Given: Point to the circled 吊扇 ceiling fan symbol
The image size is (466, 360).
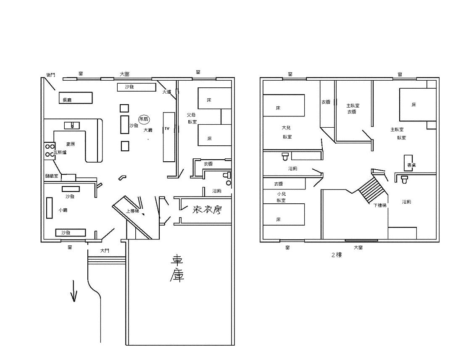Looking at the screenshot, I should pos(144,119).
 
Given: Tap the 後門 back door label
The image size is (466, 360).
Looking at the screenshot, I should pos(50,75).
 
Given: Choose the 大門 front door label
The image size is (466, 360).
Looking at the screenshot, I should pos(105,251).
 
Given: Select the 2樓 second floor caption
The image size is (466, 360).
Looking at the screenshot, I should pos(336,255).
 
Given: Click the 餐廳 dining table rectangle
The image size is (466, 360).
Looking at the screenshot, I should pos(75,98).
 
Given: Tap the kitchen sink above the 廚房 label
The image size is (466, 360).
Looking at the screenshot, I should pos(72,125).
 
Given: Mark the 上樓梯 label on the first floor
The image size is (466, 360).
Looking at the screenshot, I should pos(133,211).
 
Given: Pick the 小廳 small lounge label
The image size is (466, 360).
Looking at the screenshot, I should pos(63,210).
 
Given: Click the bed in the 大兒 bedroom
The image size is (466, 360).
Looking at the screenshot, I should pos(284,105).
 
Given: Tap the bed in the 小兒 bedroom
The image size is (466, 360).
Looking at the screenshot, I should pos(284,215).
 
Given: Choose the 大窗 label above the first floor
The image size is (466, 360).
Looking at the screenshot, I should pos(124,74).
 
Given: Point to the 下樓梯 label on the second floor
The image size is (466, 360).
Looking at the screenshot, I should pos(380,205).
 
